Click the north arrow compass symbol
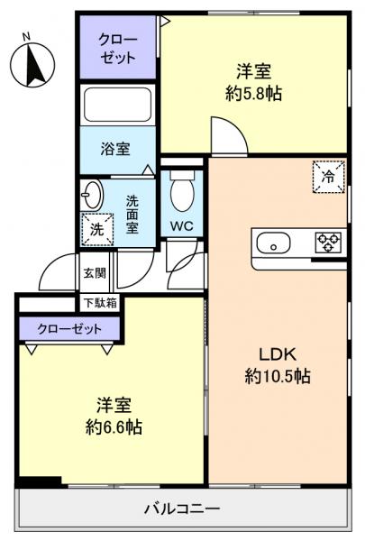tap(32, 64)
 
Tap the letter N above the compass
tap(27, 36)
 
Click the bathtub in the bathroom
tap(117, 107)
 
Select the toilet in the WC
tap(183, 191)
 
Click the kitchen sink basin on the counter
tap(272, 243)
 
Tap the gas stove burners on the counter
tap(328, 243)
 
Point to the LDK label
tap(278, 353)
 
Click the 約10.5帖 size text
tap(278, 377)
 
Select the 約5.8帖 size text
tap(253, 94)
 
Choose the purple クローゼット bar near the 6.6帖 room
tap(68, 328)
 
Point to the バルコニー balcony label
tap(182, 509)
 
